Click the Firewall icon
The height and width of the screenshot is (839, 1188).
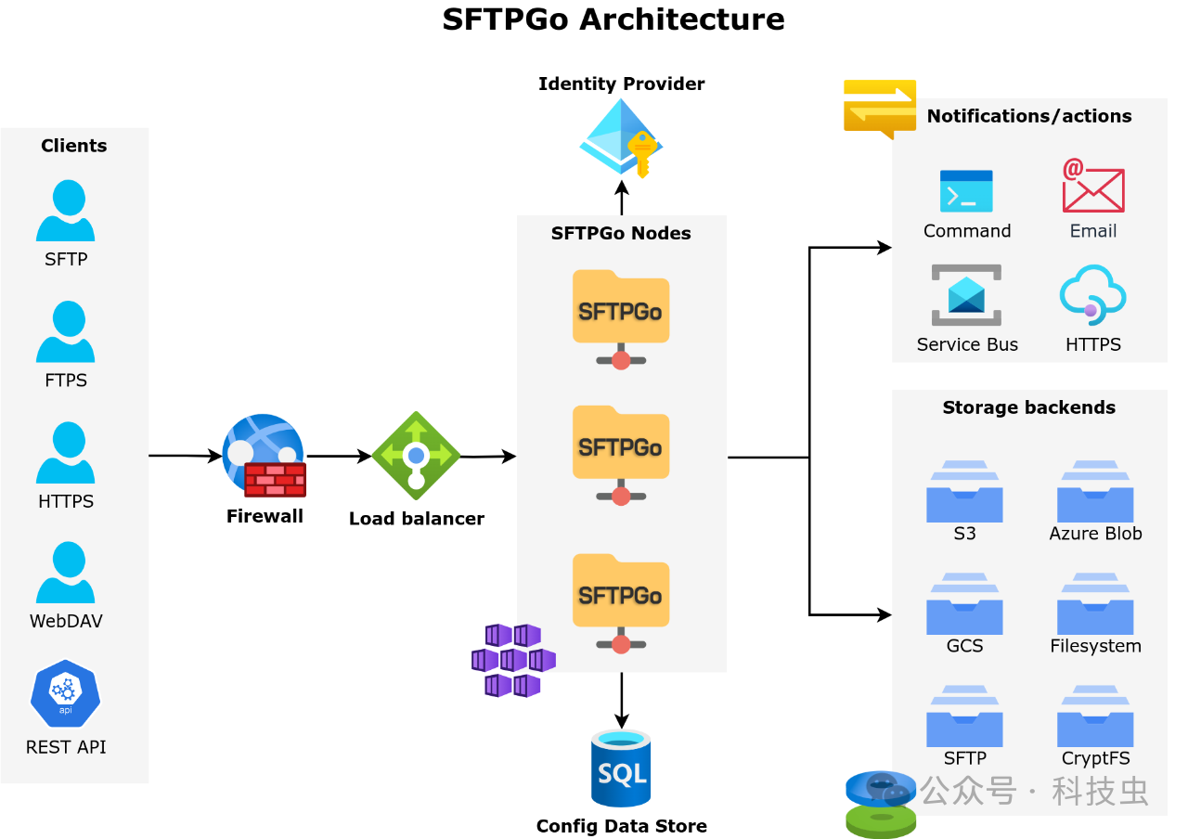(x=265, y=456)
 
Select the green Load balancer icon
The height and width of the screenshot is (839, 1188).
(x=416, y=456)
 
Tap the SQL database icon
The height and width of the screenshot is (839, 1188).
(x=621, y=768)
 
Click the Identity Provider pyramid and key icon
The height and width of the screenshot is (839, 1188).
(x=621, y=138)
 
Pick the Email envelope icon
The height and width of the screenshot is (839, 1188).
(x=1093, y=187)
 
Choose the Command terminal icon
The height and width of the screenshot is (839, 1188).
(x=966, y=191)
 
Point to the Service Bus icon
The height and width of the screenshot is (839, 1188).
(x=966, y=295)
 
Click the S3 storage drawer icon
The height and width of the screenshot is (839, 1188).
(x=964, y=492)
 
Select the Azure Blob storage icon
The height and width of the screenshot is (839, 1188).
(x=1095, y=492)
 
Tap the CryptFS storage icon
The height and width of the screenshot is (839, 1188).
(x=1095, y=716)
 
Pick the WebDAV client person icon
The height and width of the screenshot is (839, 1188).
(x=66, y=573)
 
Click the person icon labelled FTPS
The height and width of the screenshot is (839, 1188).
(x=66, y=331)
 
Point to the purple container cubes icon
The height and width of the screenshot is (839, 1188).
(x=513, y=660)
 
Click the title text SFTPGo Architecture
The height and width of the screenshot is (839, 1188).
(x=613, y=19)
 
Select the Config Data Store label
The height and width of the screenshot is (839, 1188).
(x=621, y=826)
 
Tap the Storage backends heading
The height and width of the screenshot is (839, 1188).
(x=1028, y=407)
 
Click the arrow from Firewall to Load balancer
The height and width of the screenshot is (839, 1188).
(x=339, y=456)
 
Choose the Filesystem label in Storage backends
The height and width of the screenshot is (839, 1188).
(x=1095, y=646)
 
